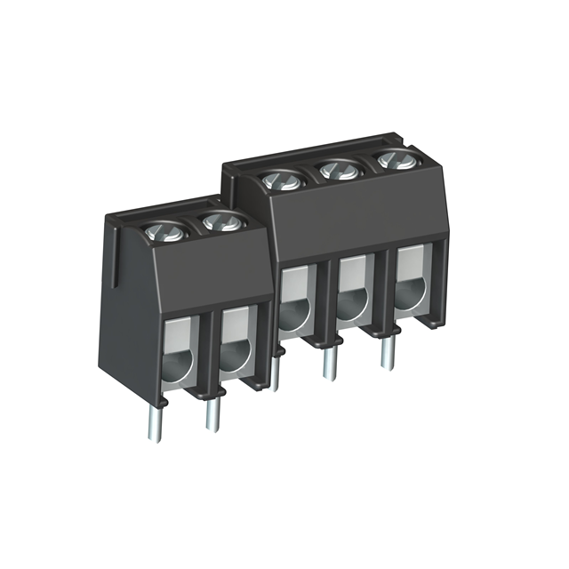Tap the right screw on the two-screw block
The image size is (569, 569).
point(219,222)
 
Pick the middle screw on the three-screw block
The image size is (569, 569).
point(335,169)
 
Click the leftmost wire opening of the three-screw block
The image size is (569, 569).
point(293,301)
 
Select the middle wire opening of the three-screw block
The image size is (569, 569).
point(353,290)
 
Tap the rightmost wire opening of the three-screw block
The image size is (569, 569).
point(411,281)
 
